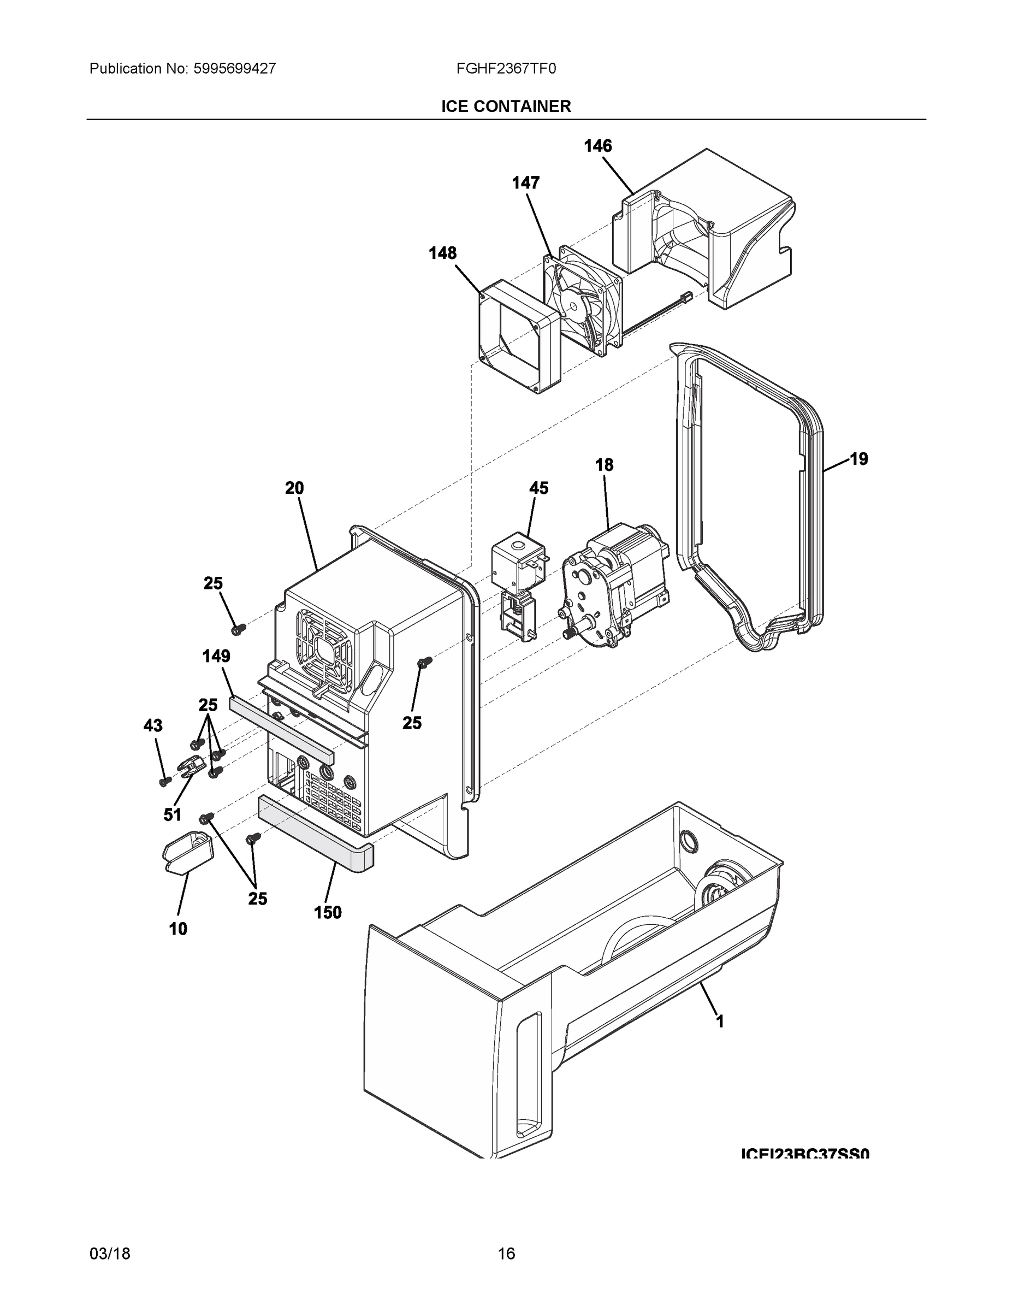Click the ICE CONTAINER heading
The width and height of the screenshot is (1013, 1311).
[506, 107]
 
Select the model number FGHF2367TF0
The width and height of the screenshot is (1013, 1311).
[506, 68]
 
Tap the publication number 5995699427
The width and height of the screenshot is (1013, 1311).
[234, 68]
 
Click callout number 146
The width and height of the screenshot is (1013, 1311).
[598, 146]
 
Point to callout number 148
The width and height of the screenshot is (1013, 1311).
[442, 253]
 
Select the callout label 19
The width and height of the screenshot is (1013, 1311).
[859, 459]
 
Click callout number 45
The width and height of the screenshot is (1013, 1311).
[538, 488]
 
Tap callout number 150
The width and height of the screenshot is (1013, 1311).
[328, 912]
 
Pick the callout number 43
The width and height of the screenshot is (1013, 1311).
[153, 726]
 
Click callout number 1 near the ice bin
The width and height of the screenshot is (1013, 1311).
[720, 1021]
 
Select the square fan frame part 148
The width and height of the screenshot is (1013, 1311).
[519, 336]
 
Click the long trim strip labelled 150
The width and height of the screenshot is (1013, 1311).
[315, 834]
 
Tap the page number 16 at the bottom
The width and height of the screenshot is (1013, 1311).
[506, 1254]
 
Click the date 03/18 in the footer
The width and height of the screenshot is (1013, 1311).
[110, 1254]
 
